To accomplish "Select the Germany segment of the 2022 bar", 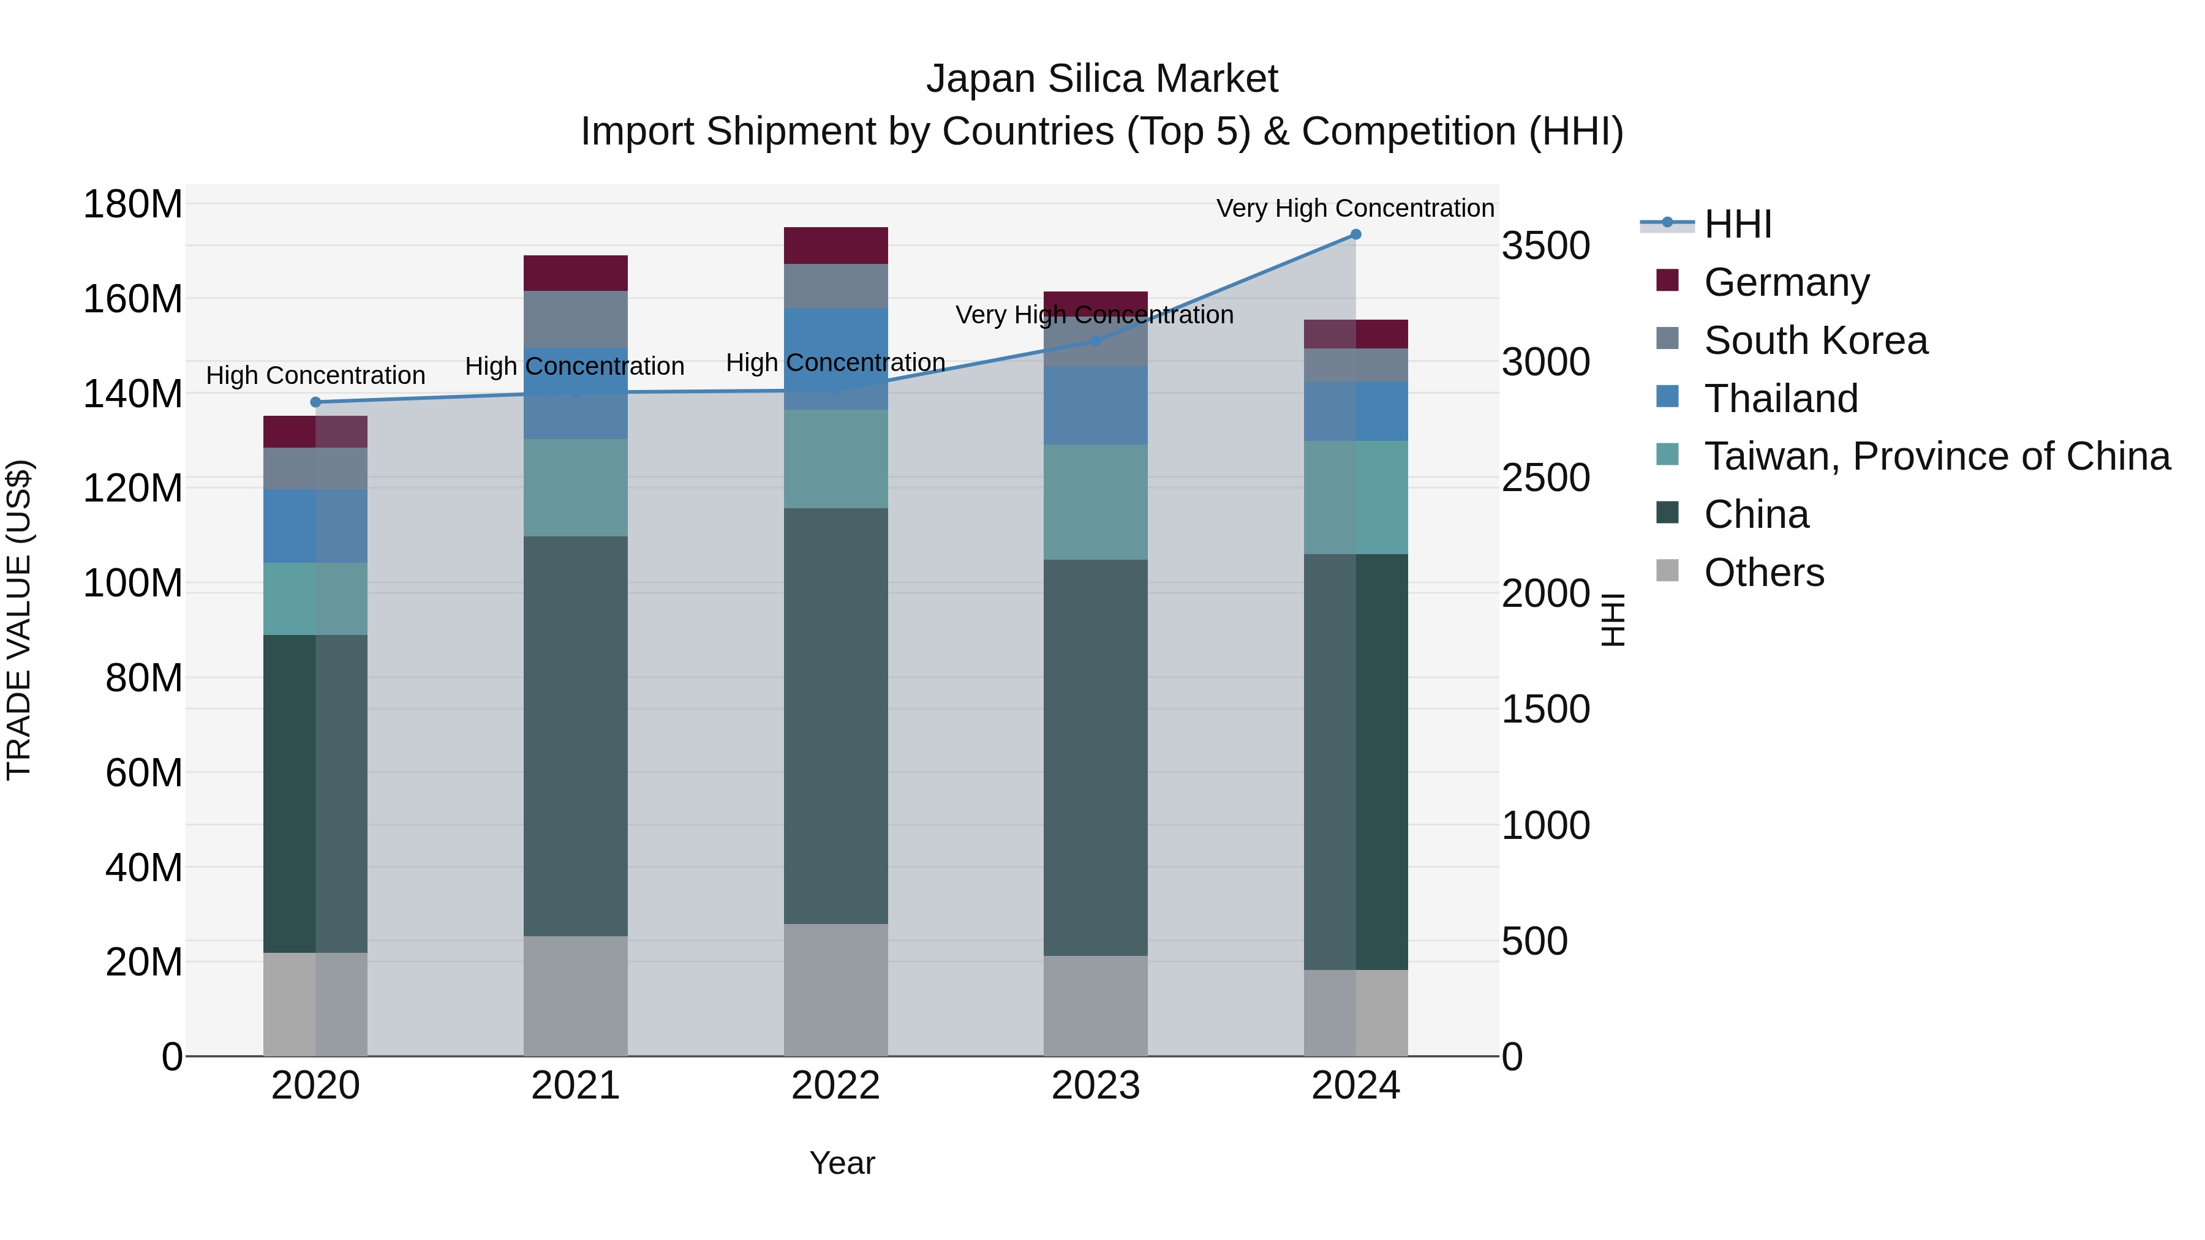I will click(835, 246).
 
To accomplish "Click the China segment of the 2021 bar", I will click(575, 736).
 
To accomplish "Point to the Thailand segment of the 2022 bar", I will click(835, 359).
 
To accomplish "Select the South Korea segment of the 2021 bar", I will click(575, 319).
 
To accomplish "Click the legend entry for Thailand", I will click(1781, 399).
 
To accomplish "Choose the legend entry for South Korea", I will click(1815, 340).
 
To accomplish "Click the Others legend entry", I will click(1763, 573).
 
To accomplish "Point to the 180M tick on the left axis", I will click(133, 205).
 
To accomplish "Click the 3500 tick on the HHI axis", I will click(1545, 246).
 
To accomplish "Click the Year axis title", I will click(842, 1163).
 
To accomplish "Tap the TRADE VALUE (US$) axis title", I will click(19, 620).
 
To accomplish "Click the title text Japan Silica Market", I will click(1102, 79).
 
